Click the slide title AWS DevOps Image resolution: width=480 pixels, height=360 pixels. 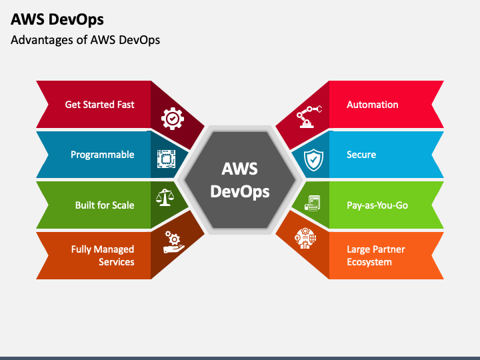[x=57, y=19]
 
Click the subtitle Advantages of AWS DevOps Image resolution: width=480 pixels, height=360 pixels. [x=85, y=40]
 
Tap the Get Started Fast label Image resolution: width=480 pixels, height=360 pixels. [x=99, y=105]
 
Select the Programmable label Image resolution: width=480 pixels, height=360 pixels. [x=102, y=155]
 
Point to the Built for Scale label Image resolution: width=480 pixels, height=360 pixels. [x=104, y=205]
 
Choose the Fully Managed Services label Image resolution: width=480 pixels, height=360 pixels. [x=103, y=255]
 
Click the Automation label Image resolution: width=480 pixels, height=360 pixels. [x=372, y=105]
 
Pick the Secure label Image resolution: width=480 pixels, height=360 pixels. [x=361, y=155]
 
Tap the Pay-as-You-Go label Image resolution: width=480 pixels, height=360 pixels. [x=377, y=205]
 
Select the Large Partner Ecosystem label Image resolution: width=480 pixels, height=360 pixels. [x=375, y=255]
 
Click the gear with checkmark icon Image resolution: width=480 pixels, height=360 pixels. [x=172, y=119]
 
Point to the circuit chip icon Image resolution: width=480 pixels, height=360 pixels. [x=166, y=158]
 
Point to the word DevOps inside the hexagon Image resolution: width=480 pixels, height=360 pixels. [x=240, y=192]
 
